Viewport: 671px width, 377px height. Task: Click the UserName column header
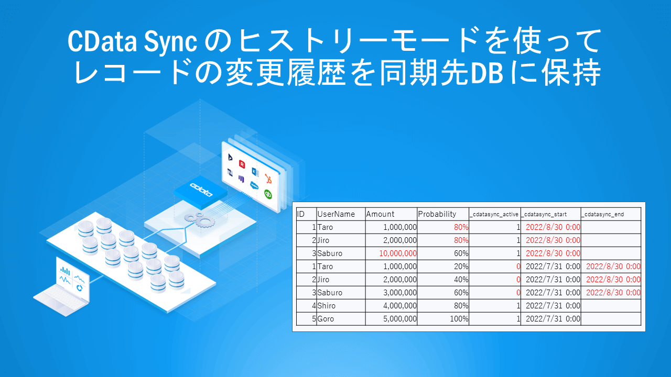coord(336,214)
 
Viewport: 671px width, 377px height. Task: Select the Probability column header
coord(437,214)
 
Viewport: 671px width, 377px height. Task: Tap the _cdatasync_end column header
coord(603,214)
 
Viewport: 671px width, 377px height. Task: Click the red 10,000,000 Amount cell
coord(392,253)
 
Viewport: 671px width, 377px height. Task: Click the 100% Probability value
coord(459,319)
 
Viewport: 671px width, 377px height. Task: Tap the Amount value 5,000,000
coord(400,319)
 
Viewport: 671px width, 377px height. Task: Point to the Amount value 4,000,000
coord(400,306)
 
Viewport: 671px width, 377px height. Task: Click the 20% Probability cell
coord(461,267)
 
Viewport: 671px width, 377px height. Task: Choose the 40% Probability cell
coord(461,280)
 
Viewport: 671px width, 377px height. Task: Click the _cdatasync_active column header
coord(494,214)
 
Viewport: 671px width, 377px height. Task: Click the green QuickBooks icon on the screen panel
coord(268,194)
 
